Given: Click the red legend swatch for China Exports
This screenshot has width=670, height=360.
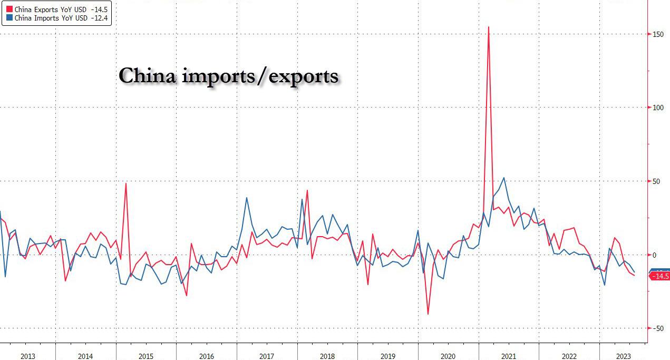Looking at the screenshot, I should (9, 9).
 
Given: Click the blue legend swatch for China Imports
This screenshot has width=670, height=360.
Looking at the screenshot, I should (9, 18).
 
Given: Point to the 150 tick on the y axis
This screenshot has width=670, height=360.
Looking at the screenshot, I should (657, 34).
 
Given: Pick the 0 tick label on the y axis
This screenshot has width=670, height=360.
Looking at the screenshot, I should (655, 255).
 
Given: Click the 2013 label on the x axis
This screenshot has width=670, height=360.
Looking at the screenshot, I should (28, 356).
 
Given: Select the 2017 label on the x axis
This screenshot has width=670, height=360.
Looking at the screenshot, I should (267, 356).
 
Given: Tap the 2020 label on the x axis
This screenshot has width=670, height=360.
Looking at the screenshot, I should (448, 356).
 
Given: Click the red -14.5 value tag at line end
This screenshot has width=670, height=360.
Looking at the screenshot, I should (660, 276).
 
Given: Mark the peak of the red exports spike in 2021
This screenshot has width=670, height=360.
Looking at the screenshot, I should (489, 27).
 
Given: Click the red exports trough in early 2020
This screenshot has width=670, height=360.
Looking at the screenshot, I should (428, 314).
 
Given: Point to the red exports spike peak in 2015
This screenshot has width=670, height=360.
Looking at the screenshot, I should (126, 183).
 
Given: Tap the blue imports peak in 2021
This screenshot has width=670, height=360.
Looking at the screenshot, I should (504, 178).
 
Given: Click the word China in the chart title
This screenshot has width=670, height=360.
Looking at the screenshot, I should (147, 76).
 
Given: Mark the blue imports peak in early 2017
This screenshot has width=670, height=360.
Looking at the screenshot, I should (247, 198).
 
